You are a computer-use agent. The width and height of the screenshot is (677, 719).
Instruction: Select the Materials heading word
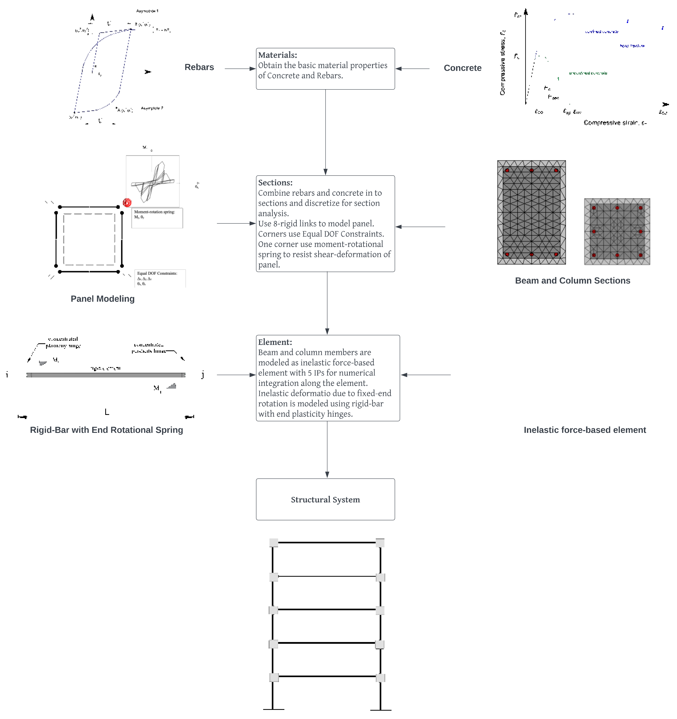(x=277, y=55)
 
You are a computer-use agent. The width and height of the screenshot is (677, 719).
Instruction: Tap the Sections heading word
(x=275, y=183)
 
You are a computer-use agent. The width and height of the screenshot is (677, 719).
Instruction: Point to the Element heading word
(x=275, y=342)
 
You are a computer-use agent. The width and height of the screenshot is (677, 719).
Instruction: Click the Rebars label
(x=199, y=67)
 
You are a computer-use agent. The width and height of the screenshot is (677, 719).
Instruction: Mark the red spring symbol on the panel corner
(x=127, y=203)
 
